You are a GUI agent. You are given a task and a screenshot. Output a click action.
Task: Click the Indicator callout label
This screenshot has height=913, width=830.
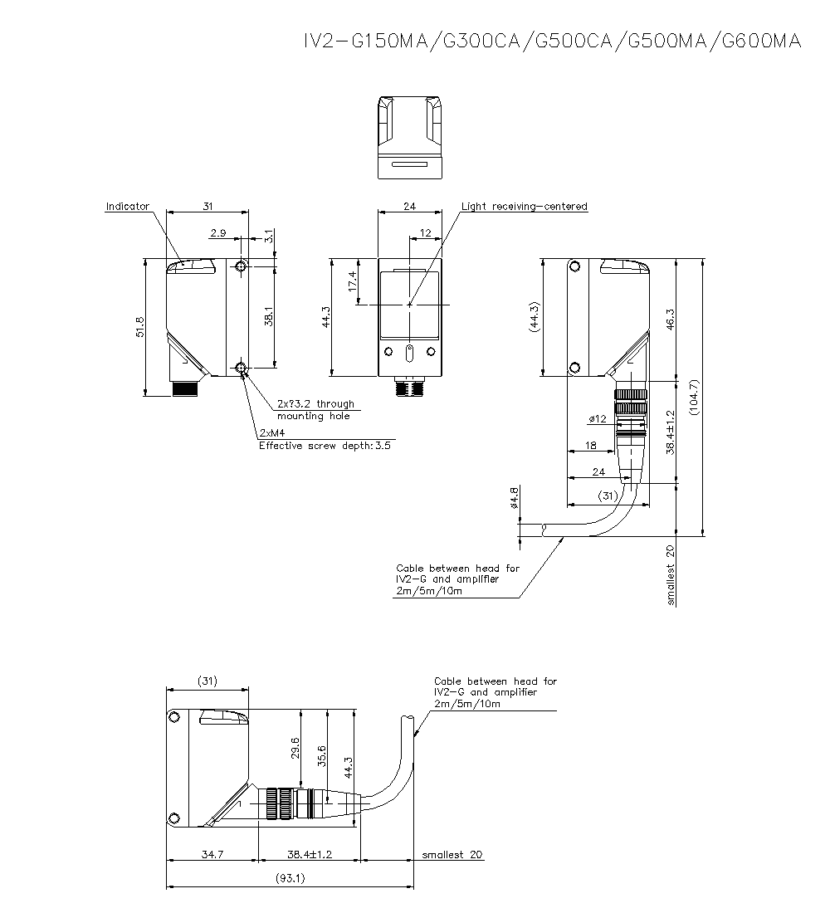click(127, 207)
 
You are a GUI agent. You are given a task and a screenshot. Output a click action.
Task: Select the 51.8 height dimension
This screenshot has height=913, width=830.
click(140, 327)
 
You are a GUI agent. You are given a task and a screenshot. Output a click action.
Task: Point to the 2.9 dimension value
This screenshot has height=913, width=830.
click(218, 234)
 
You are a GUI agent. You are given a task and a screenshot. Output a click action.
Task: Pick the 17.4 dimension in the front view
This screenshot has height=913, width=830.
click(353, 281)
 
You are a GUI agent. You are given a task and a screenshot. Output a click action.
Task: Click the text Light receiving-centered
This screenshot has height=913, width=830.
click(524, 207)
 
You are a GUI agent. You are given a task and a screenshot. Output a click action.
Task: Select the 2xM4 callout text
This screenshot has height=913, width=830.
click(272, 433)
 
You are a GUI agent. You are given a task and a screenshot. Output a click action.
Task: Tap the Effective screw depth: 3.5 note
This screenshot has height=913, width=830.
click(325, 445)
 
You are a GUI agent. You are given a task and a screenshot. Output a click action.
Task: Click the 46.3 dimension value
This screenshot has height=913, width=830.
click(671, 319)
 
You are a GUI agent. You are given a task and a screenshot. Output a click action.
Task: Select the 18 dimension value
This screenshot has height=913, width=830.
click(591, 446)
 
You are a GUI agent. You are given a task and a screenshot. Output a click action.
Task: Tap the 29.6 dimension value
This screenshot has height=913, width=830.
click(295, 749)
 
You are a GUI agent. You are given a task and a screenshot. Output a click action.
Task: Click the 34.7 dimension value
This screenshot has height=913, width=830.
click(212, 854)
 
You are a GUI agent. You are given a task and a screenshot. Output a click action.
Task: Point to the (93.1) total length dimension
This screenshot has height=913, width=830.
click(290, 878)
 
